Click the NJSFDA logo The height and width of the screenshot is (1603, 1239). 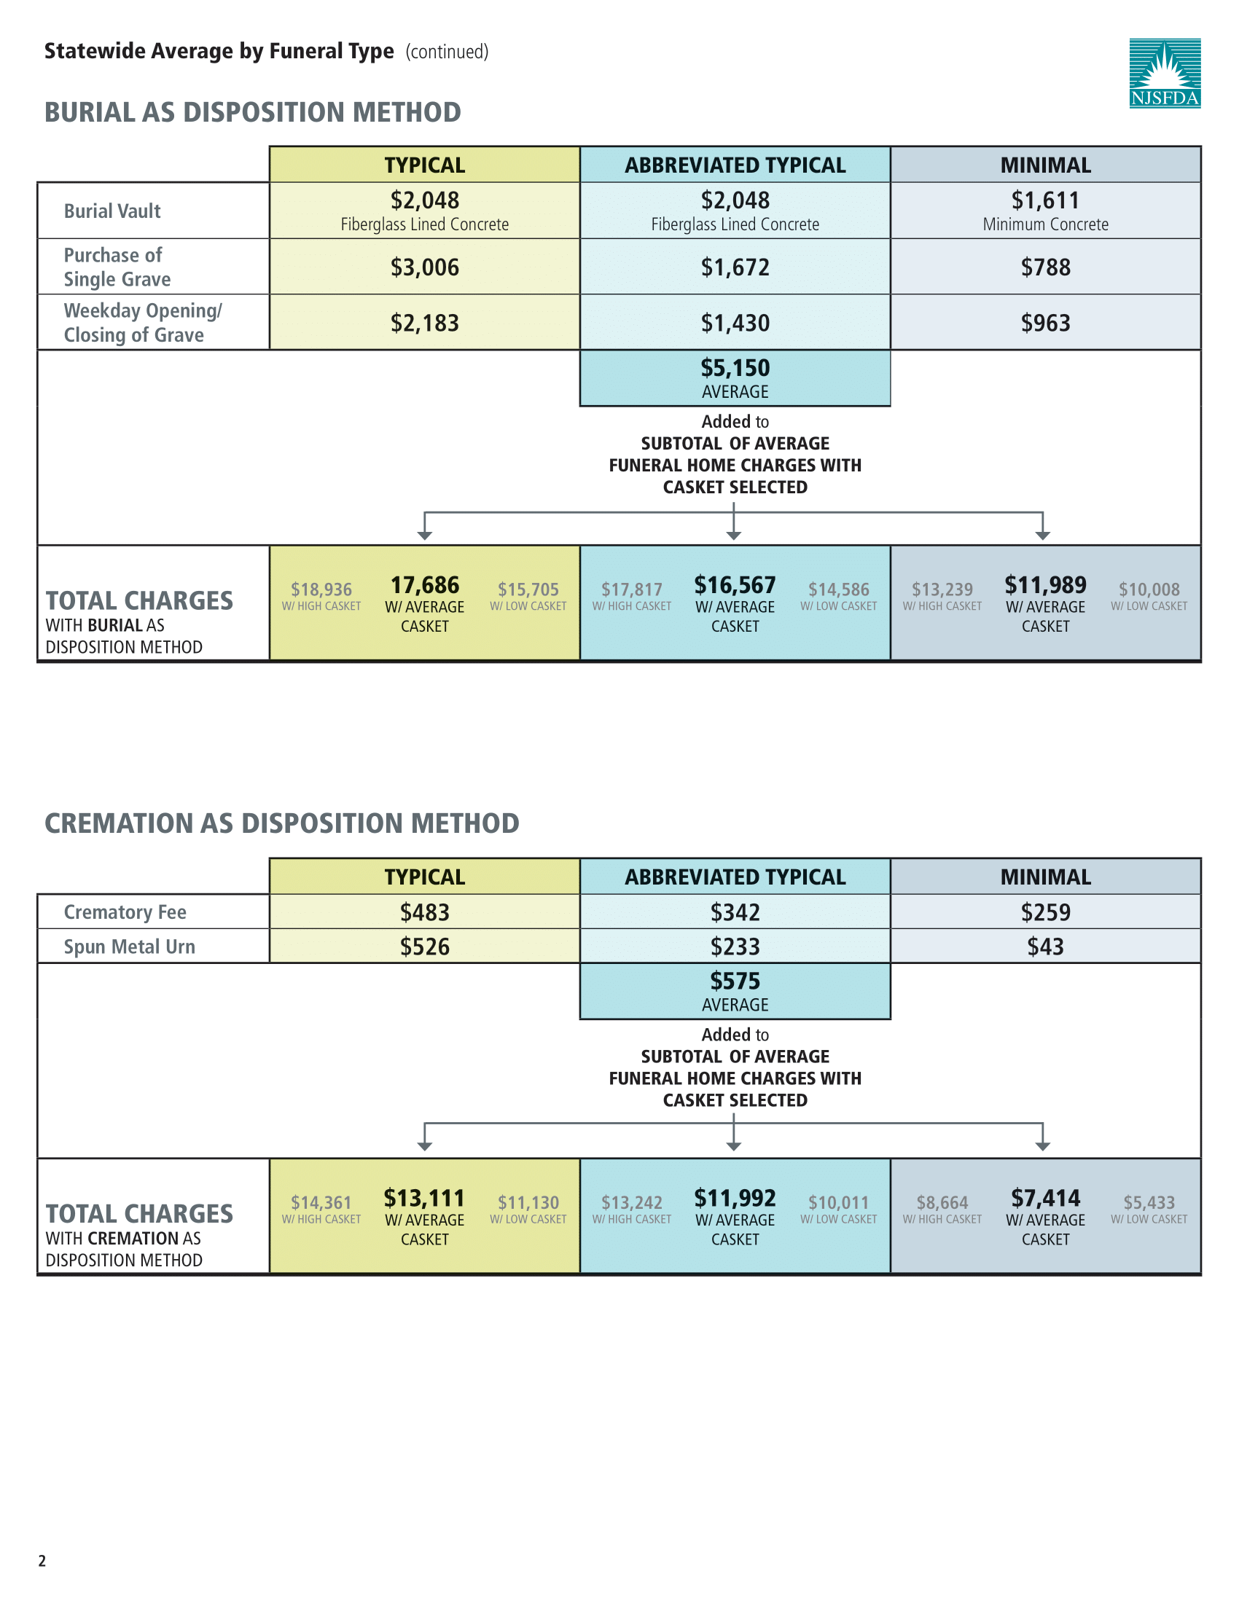click(1164, 73)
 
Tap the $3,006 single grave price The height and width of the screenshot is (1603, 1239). click(424, 267)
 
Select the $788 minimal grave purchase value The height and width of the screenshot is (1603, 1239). click(1045, 267)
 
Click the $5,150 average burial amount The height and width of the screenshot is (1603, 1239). click(735, 369)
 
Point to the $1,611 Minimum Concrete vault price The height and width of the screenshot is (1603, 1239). click(1045, 200)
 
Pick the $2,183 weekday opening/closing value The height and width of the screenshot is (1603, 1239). click(424, 323)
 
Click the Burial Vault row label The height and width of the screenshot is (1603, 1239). click(112, 211)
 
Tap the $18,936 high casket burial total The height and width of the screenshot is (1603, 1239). click(321, 589)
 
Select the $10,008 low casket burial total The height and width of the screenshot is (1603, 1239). click(1149, 589)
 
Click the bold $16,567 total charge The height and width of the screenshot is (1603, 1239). click(735, 585)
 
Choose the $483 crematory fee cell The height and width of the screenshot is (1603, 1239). click(424, 912)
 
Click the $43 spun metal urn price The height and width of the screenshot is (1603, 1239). click(1045, 946)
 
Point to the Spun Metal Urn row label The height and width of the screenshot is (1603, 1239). click(129, 946)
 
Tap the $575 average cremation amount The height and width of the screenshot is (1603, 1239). click(735, 981)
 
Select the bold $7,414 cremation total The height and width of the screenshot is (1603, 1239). click(1045, 1198)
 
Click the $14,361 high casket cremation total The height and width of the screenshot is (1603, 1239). click(321, 1202)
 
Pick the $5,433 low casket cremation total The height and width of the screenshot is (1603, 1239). click(1149, 1202)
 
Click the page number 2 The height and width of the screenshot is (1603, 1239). click(42, 1561)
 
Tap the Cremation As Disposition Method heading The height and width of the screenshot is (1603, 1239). click(282, 823)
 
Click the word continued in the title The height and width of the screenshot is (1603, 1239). click(447, 52)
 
